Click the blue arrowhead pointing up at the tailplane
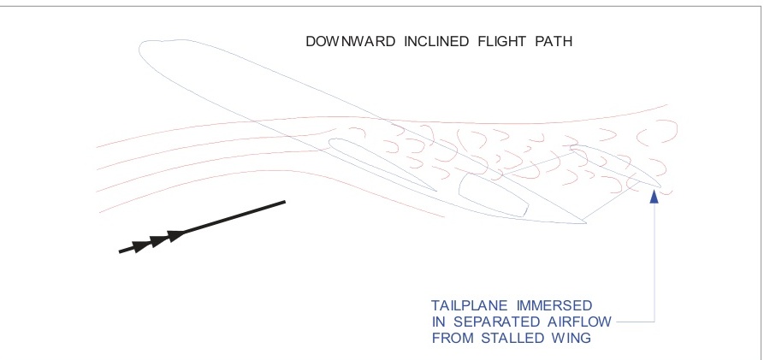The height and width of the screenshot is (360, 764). [x=654, y=197]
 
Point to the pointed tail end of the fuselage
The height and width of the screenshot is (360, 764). [x=584, y=224]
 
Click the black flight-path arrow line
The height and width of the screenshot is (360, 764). [x=205, y=227]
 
